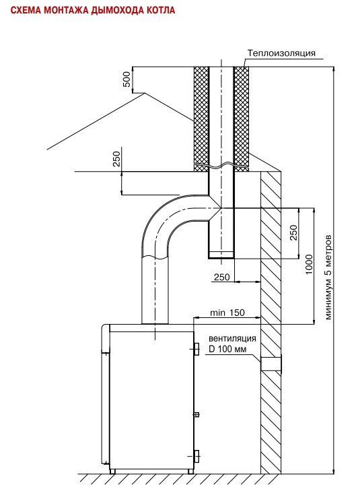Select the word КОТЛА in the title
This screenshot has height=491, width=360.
coord(159,10)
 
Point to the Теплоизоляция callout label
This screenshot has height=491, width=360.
coord(281,53)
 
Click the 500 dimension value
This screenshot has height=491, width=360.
coord(127,79)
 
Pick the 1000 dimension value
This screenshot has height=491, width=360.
coord(309,265)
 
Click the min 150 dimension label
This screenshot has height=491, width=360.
coord(227,313)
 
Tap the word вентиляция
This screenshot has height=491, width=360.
coord(232,338)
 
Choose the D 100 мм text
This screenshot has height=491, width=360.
coord(227,348)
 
